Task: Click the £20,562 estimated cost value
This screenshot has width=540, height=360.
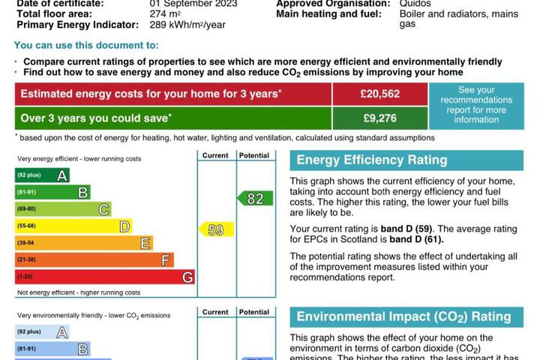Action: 379,94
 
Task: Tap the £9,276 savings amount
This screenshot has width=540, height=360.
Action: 379,118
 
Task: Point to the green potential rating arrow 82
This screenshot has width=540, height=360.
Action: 254,199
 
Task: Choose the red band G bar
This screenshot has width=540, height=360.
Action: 105,277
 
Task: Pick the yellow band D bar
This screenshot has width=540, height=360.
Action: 73,226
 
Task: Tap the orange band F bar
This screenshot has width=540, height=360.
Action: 94,259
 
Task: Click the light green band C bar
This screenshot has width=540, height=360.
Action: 64,209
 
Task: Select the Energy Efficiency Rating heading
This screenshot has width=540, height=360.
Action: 372,160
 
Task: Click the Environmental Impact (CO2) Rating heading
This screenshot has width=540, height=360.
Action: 403,316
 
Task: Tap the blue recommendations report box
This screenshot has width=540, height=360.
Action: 475,105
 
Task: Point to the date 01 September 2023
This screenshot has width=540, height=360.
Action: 194,4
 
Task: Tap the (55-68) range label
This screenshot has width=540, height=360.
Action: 26,226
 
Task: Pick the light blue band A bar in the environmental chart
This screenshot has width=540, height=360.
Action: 43,332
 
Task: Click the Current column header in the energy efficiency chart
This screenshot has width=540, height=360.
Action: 215,155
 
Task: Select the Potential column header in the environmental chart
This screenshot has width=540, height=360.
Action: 254,312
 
